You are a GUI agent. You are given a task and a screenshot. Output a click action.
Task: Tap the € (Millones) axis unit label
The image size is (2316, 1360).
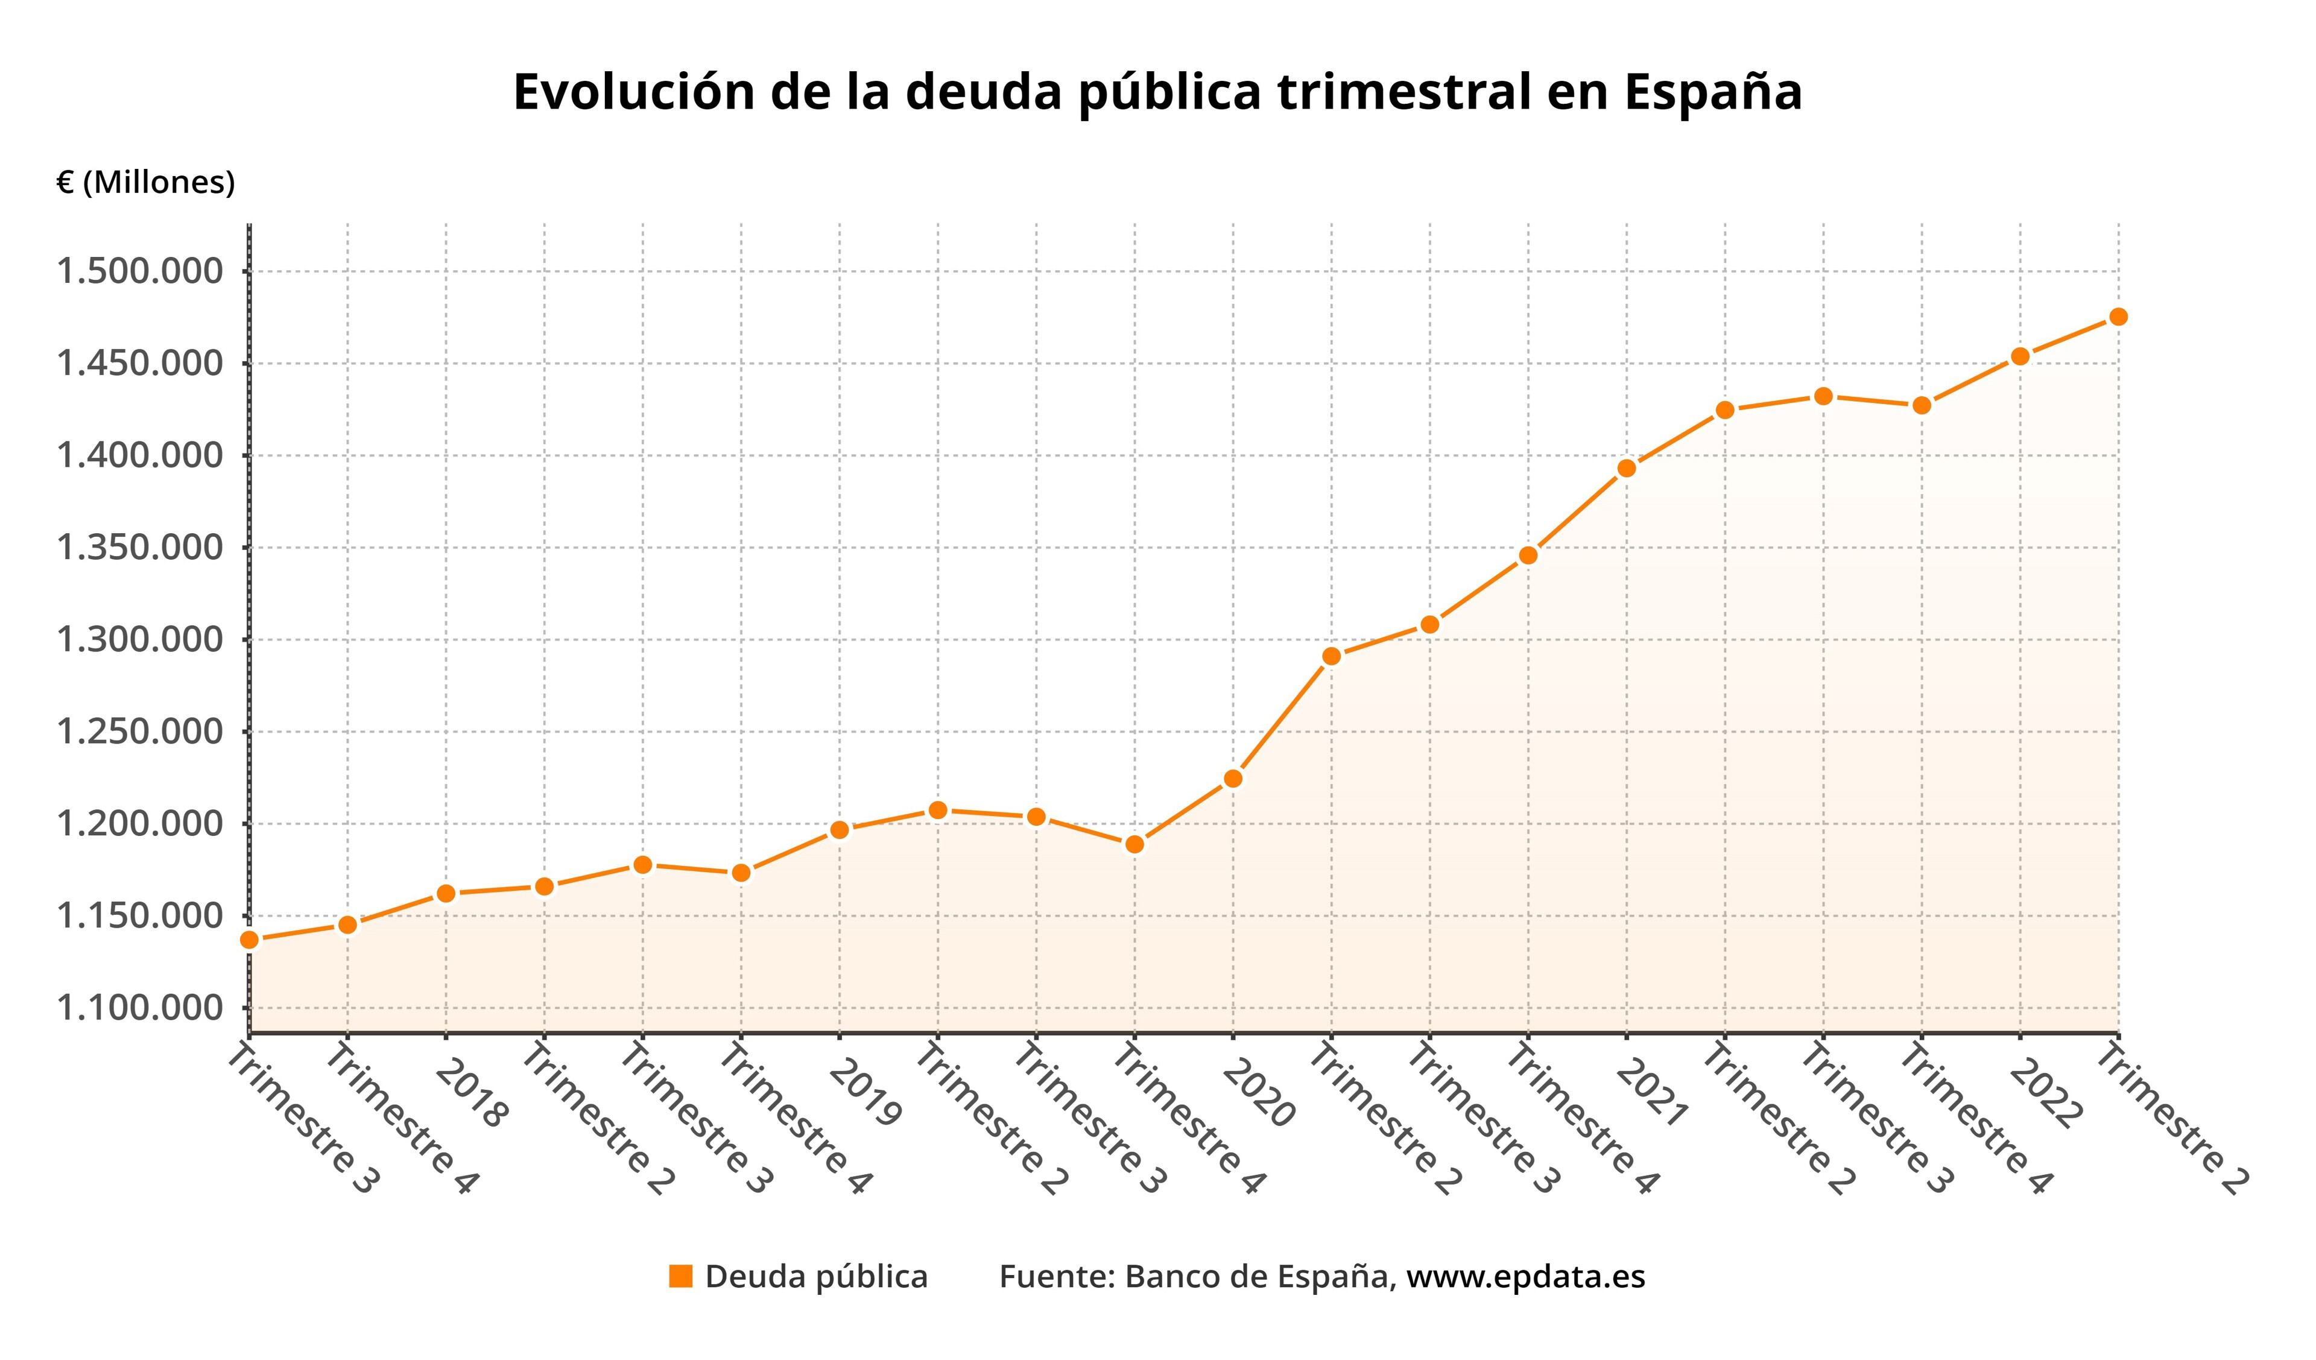point(146,182)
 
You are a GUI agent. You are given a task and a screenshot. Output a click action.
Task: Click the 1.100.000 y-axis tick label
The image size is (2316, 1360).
point(140,1008)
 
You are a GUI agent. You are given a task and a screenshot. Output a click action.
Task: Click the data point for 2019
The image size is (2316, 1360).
point(839,830)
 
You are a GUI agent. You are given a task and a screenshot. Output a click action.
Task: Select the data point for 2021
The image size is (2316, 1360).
point(1627,468)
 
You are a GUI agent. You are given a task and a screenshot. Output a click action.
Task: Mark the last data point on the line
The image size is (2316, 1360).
point(2118,317)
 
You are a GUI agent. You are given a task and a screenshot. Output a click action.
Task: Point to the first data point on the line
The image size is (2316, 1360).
point(249,939)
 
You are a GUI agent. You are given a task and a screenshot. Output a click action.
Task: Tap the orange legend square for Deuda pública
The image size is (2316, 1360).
point(680,1276)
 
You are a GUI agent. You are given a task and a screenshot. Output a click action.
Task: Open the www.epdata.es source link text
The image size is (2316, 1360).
point(1526,1276)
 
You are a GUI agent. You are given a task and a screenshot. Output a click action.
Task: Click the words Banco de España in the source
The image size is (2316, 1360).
point(1256,1276)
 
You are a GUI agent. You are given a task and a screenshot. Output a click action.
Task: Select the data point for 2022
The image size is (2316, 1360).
point(2020,356)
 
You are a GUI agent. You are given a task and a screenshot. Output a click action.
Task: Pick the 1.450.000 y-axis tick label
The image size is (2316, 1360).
point(140,363)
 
